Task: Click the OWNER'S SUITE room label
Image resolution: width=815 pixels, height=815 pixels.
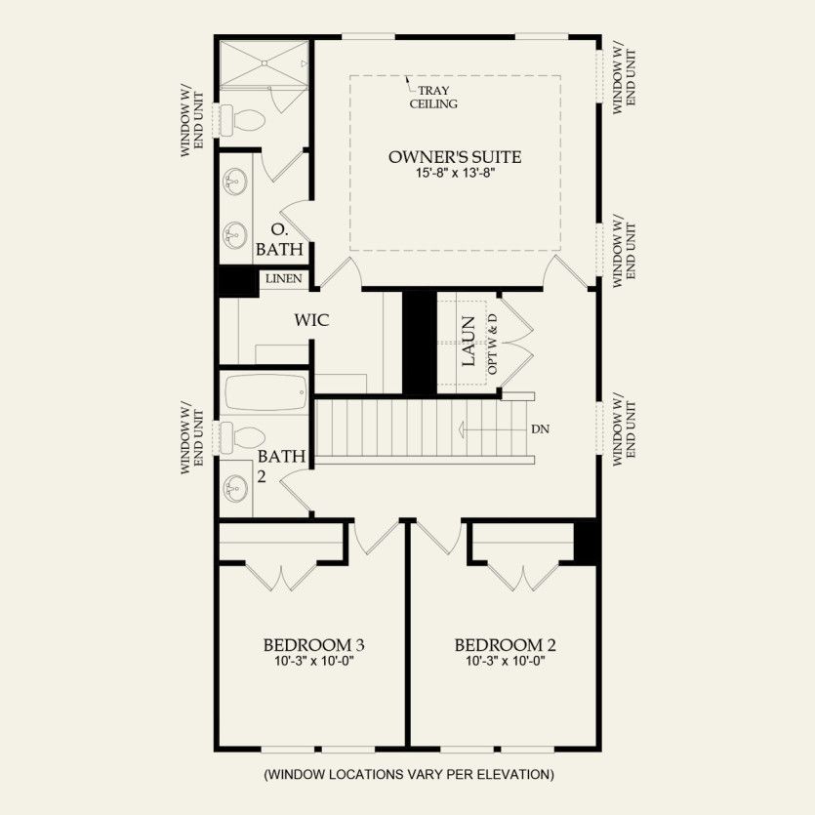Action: tap(455, 157)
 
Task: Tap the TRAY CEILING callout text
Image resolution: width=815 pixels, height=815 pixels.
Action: tap(434, 97)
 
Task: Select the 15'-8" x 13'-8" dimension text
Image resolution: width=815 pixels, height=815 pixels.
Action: tap(455, 175)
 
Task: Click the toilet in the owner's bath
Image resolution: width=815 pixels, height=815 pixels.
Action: tap(245, 120)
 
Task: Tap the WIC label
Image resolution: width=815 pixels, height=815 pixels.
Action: tap(311, 319)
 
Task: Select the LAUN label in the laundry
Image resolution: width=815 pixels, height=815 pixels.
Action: tap(469, 341)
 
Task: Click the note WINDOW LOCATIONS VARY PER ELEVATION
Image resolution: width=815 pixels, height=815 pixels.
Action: tap(408, 775)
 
